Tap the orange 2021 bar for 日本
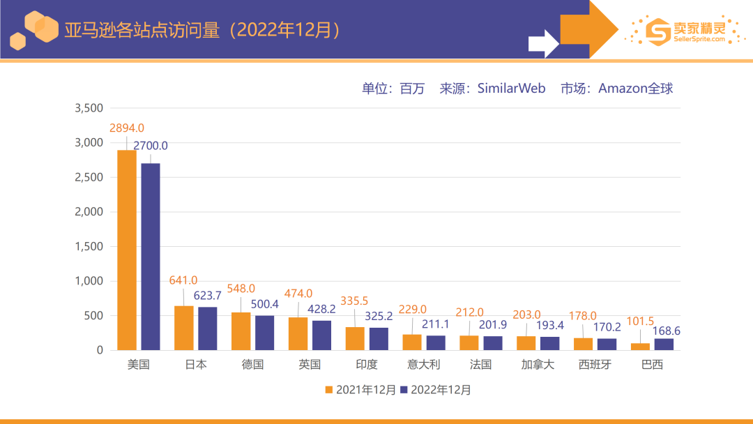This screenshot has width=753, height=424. [x=183, y=328]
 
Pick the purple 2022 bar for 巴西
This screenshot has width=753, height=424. [x=664, y=344]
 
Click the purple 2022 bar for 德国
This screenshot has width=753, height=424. [x=265, y=333]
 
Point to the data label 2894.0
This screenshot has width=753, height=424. [x=127, y=128]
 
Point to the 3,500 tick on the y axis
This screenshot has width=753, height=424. [x=89, y=108]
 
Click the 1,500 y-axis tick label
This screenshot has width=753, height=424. [x=89, y=246]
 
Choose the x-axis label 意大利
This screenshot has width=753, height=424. [x=425, y=365]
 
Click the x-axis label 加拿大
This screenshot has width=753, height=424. [x=538, y=365]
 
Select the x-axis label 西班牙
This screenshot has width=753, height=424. [x=595, y=365]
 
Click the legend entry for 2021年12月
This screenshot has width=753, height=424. [x=360, y=390]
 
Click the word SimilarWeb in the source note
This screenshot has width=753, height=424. [x=511, y=89]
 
